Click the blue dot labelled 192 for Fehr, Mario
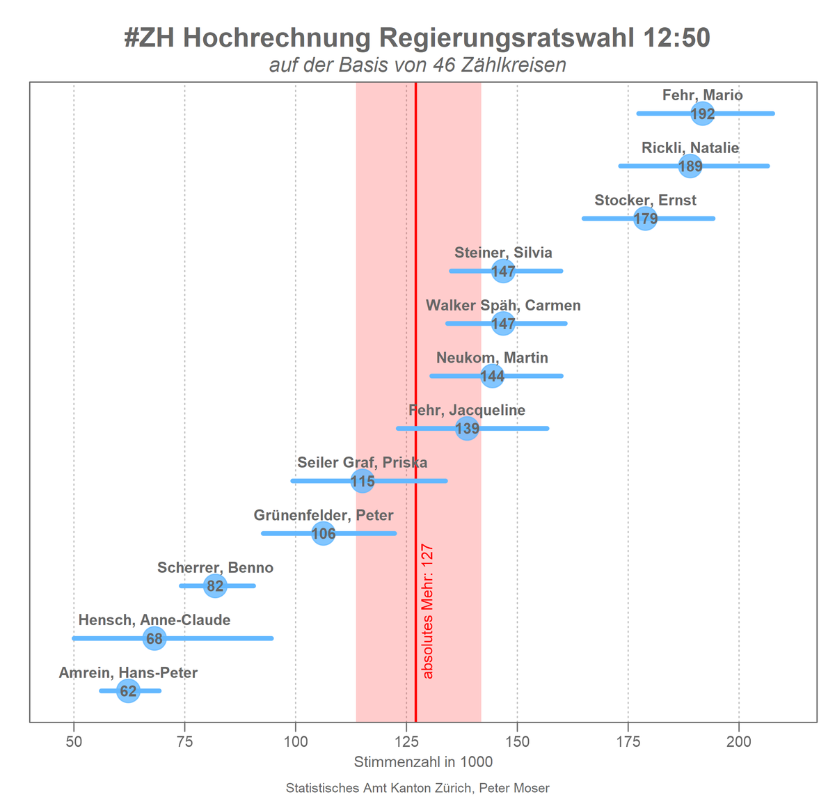click(703, 113)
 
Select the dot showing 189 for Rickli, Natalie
click(690, 166)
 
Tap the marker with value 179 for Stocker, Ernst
click(646, 219)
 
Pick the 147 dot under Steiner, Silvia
click(503, 271)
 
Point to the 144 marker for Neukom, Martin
click(492, 376)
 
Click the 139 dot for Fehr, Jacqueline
click(467, 428)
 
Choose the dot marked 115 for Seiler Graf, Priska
click(363, 481)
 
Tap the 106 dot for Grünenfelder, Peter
click(324, 533)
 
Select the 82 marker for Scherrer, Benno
click(215, 586)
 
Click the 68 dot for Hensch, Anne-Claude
click(154, 638)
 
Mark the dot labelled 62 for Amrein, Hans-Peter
click(128, 691)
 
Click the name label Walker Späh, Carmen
click(503, 306)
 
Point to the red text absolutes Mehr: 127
click(428, 611)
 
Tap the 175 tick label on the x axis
click(628, 742)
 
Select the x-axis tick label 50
click(74, 742)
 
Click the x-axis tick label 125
click(406, 742)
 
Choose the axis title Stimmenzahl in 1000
click(423, 762)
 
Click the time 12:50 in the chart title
click(676, 38)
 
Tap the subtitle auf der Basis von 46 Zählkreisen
click(417, 65)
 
